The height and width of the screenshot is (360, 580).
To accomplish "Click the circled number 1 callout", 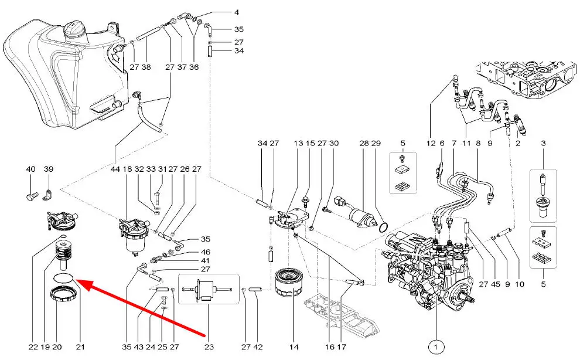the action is click(x=436, y=347).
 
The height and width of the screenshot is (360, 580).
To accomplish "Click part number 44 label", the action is click(x=115, y=169).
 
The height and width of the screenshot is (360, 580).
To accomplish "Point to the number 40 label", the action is click(x=30, y=169).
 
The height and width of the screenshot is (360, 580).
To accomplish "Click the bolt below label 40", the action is click(x=32, y=196).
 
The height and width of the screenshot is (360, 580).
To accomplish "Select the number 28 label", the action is click(x=364, y=143).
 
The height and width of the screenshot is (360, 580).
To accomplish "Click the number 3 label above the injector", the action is click(x=543, y=143).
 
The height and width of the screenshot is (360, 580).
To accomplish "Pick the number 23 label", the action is click(x=209, y=347).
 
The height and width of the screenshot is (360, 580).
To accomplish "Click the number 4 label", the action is click(x=237, y=12).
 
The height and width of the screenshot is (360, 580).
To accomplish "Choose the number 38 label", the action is click(x=146, y=67).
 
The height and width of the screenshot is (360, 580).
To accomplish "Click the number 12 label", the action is click(x=431, y=143).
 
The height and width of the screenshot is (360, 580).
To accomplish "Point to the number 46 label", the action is click(x=206, y=252).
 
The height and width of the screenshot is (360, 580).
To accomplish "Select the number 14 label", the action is click(x=294, y=347).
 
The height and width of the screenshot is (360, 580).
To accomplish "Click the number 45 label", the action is click(x=496, y=284).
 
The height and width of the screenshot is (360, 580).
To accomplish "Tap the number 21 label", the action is click(x=80, y=347).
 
